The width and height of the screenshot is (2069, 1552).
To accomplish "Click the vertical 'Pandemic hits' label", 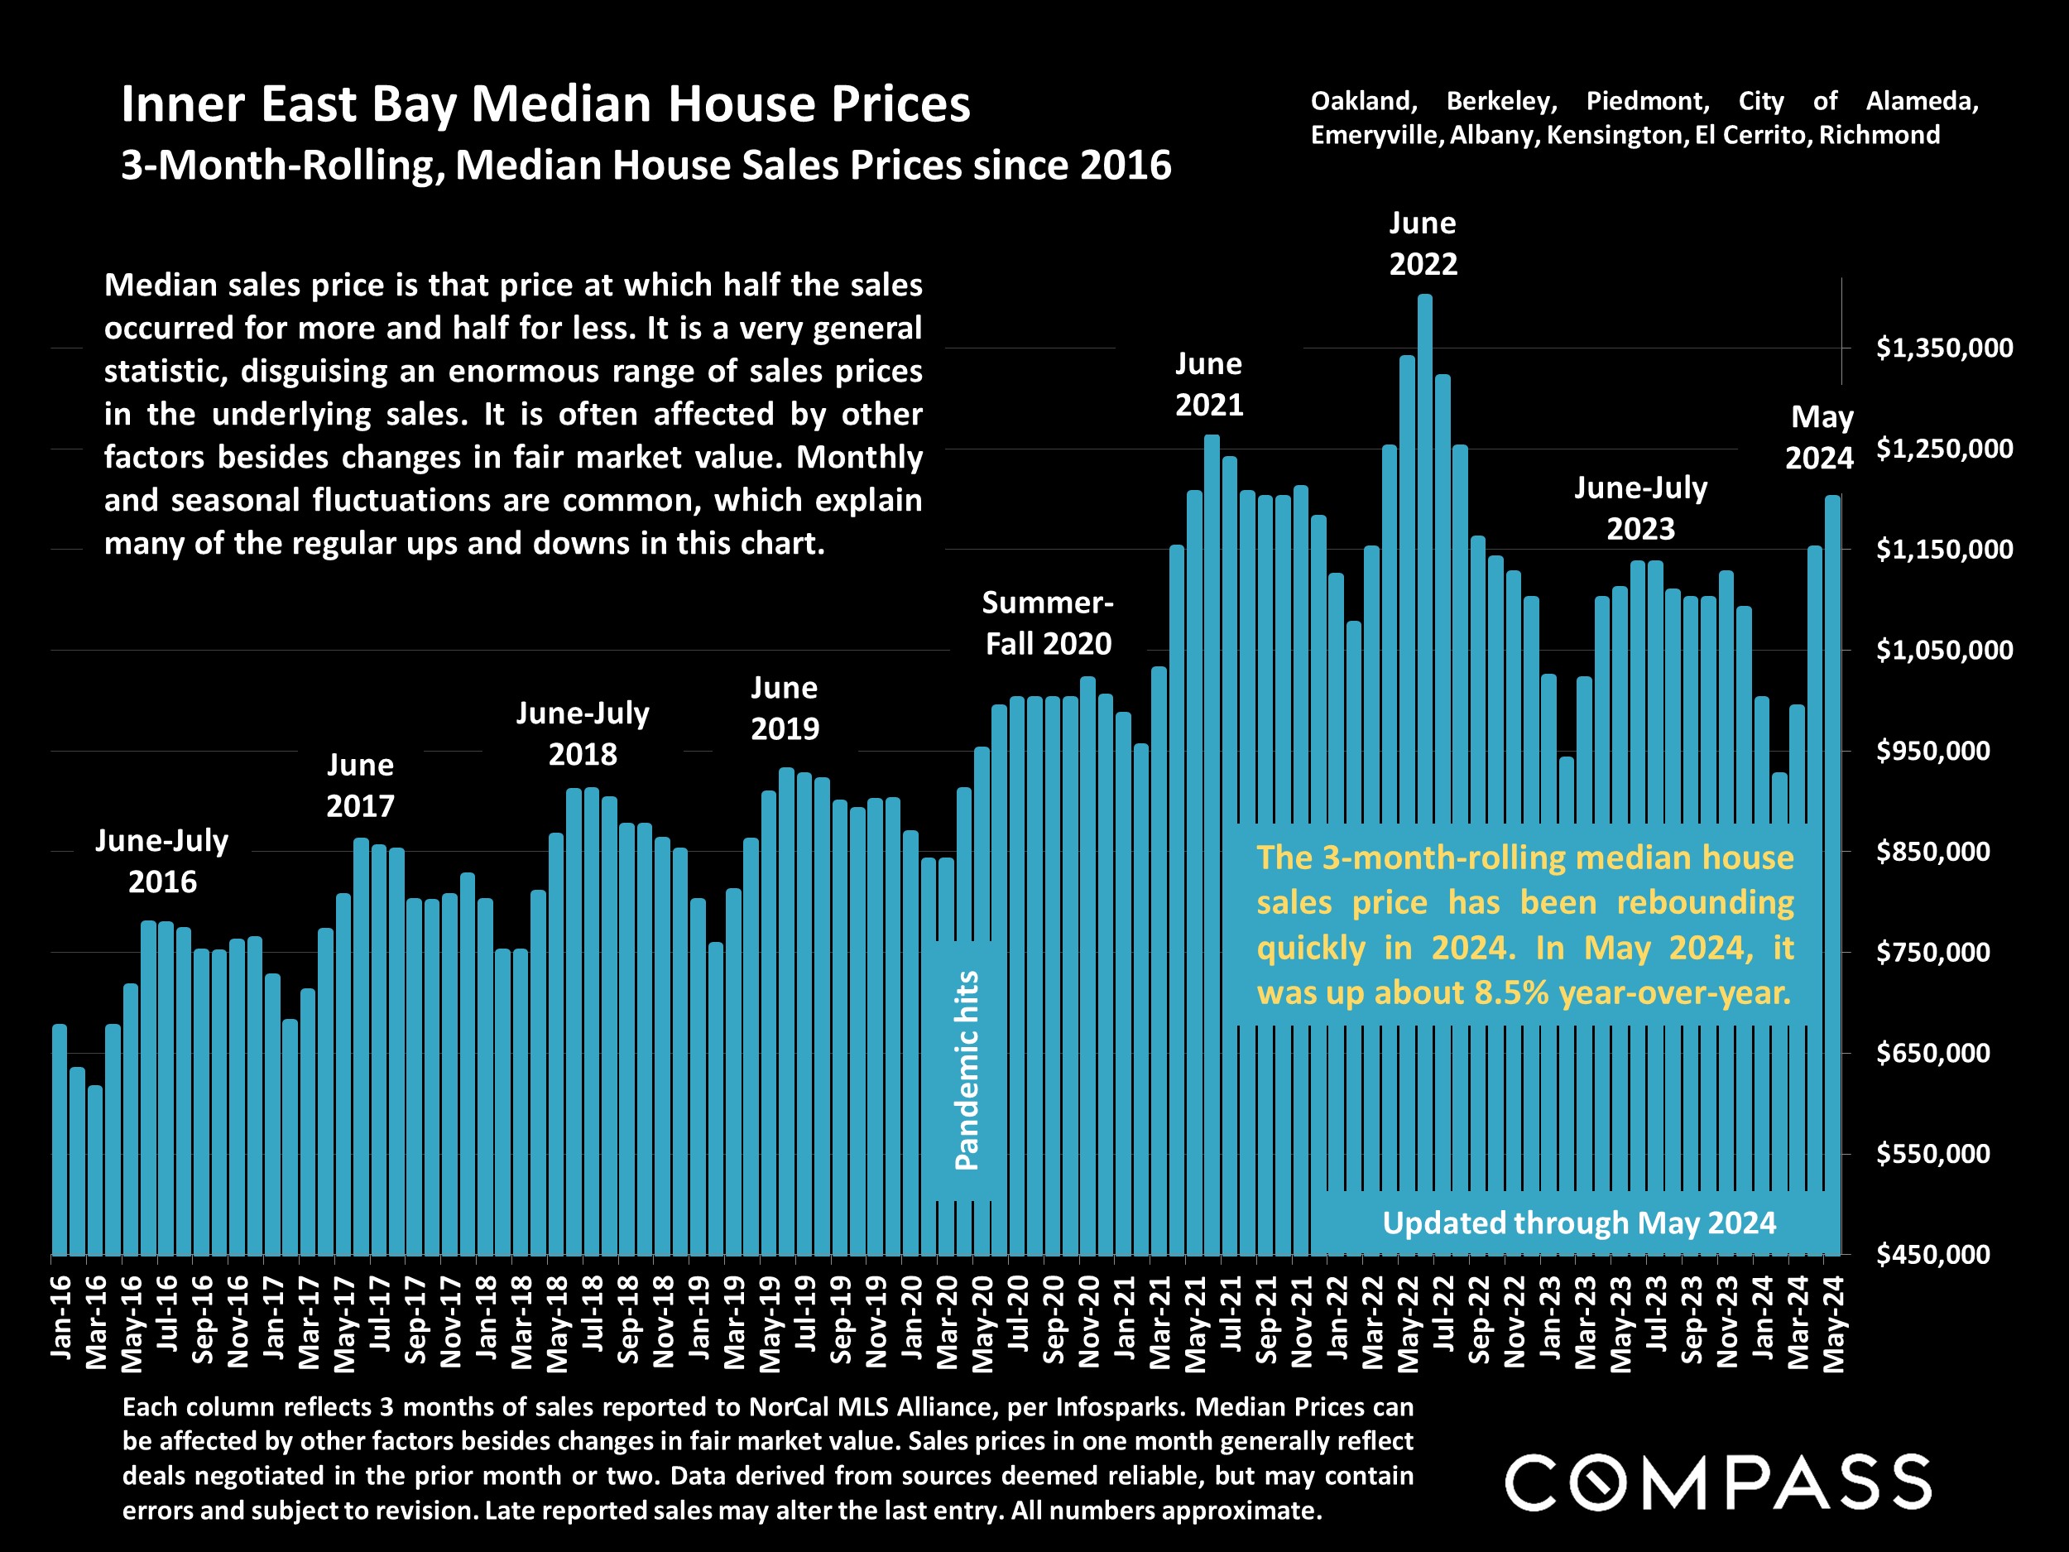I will pos(966,1070).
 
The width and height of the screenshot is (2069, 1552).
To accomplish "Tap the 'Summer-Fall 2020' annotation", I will pos(1048,623).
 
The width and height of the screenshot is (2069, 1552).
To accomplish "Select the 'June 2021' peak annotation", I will pos(1208,385).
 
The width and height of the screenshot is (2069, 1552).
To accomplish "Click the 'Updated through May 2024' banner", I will pos(1579,1223).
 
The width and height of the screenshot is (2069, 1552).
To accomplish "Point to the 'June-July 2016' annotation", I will pos(162,861).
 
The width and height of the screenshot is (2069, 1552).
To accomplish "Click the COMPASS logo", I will pos(1717,1482).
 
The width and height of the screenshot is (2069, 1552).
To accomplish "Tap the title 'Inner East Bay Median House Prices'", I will pos(545,103).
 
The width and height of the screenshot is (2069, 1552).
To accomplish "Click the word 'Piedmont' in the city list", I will pos(1647,101).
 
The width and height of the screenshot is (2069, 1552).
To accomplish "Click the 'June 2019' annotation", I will pos(784,709).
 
